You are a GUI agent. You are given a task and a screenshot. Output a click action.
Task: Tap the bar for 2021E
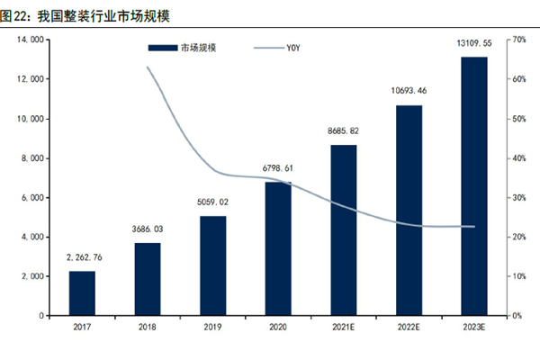click(344, 229)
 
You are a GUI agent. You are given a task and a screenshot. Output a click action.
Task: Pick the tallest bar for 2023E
click(474, 186)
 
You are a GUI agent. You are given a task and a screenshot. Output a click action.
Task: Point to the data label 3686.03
click(148, 231)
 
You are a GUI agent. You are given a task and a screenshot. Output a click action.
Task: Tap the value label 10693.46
click(409, 91)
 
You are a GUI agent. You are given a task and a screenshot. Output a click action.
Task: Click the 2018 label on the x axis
click(148, 328)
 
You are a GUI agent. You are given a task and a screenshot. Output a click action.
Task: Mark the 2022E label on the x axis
click(409, 328)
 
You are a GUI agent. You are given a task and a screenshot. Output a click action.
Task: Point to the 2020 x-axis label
click(278, 328)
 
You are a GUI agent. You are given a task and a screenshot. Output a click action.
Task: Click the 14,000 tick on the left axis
click(31, 40)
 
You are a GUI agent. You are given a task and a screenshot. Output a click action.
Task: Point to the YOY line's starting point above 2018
click(148, 67)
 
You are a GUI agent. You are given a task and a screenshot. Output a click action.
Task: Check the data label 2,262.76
click(82, 258)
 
